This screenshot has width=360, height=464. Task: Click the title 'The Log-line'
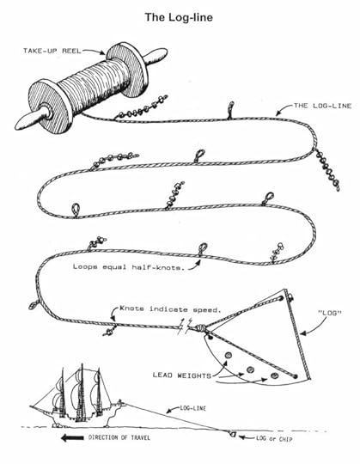tap(180, 15)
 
